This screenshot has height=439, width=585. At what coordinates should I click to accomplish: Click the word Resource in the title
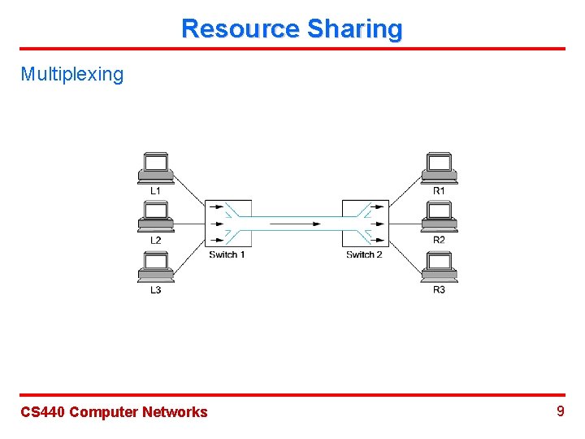click(240, 28)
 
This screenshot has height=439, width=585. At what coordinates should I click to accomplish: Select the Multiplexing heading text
click(72, 75)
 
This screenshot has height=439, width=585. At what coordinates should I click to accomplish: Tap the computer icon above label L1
click(154, 167)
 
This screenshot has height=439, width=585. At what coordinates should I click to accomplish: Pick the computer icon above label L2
click(154, 217)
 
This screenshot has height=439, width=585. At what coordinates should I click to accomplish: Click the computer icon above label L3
click(154, 267)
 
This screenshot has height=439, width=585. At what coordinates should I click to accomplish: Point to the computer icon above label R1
click(439, 167)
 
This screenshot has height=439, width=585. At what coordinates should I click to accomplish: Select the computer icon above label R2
click(439, 217)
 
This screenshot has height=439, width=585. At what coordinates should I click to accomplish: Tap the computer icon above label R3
click(439, 267)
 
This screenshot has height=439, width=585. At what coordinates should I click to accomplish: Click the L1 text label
click(155, 190)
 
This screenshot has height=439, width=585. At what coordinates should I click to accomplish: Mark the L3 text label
click(155, 290)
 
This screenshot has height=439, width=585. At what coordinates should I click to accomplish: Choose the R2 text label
click(439, 240)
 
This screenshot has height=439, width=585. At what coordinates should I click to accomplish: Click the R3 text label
click(439, 290)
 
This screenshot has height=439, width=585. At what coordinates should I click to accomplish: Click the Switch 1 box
click(227, 223)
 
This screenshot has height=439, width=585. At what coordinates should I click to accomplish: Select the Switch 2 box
click(365, 223)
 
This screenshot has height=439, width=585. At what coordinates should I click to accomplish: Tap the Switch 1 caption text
click(227, 254)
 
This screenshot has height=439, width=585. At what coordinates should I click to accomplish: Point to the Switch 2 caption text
click(364, 254)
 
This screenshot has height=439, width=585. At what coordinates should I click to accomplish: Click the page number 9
click(560, 411)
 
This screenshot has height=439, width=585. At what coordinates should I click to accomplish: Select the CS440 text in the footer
click(43, 412)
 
